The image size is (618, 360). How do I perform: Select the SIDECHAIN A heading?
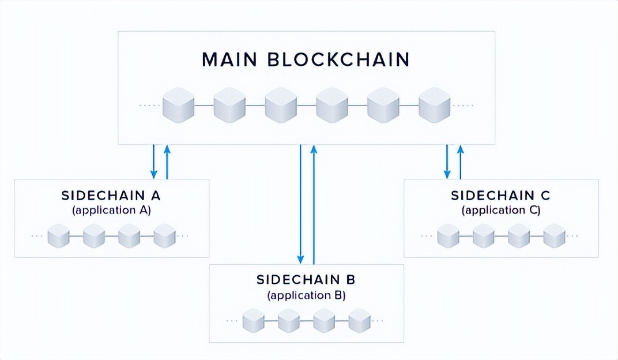(111, 195)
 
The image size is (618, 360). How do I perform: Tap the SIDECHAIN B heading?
(306, 280)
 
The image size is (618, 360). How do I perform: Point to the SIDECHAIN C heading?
(500, 195)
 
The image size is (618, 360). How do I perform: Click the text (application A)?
(111, 210)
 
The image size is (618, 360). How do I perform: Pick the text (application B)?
(306, 295)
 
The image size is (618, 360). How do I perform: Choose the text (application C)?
(500, 210)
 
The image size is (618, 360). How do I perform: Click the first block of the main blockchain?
(178, 105)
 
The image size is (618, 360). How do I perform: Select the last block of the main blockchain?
(434, 105)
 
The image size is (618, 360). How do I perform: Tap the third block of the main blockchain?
(281, 105)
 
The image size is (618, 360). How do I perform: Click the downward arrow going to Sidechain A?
(154, 162)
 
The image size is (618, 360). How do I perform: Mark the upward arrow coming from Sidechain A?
(167, 162)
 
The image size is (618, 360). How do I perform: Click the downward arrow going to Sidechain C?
(447, 162)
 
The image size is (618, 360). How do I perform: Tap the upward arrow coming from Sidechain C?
(461, 162)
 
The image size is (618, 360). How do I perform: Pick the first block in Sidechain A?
(58, 236)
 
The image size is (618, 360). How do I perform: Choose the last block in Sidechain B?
(359, 320)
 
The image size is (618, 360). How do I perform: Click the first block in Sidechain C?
(448, 236)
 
